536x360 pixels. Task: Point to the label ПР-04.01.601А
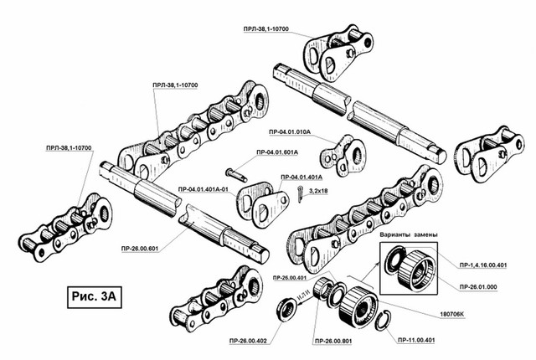click(x=272, y=152)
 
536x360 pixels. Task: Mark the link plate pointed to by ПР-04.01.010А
click(x=344, y=156)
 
